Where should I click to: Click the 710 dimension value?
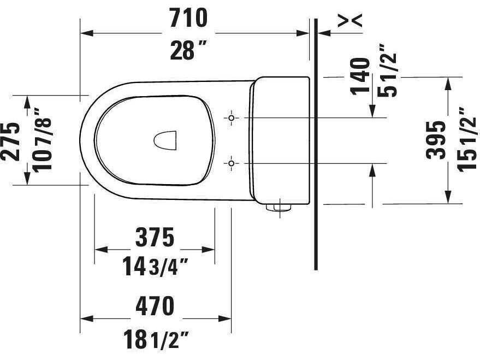(x=188, y=19)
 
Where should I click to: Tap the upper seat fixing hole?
(x=232, y=118)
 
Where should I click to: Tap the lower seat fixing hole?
(x=232, y=163)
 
